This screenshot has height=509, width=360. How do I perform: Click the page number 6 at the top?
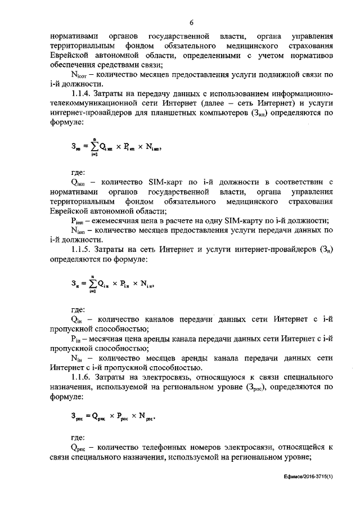coord(191,22)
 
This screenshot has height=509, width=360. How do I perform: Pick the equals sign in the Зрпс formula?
coord(86,417)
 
